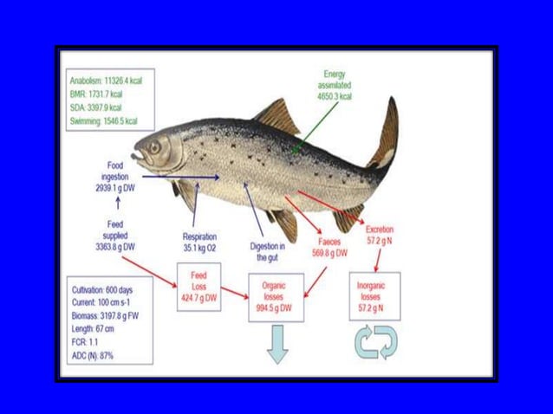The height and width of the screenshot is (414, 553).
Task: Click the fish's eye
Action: pos(153,147)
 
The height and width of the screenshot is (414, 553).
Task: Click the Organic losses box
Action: pos(275,296)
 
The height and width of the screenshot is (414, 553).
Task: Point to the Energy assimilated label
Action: pos(334,86)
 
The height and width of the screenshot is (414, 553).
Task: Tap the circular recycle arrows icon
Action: pos(374,342)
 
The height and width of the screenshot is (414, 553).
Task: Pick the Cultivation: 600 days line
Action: pos(102,290)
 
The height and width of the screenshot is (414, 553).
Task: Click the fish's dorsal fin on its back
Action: pos(280,115)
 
